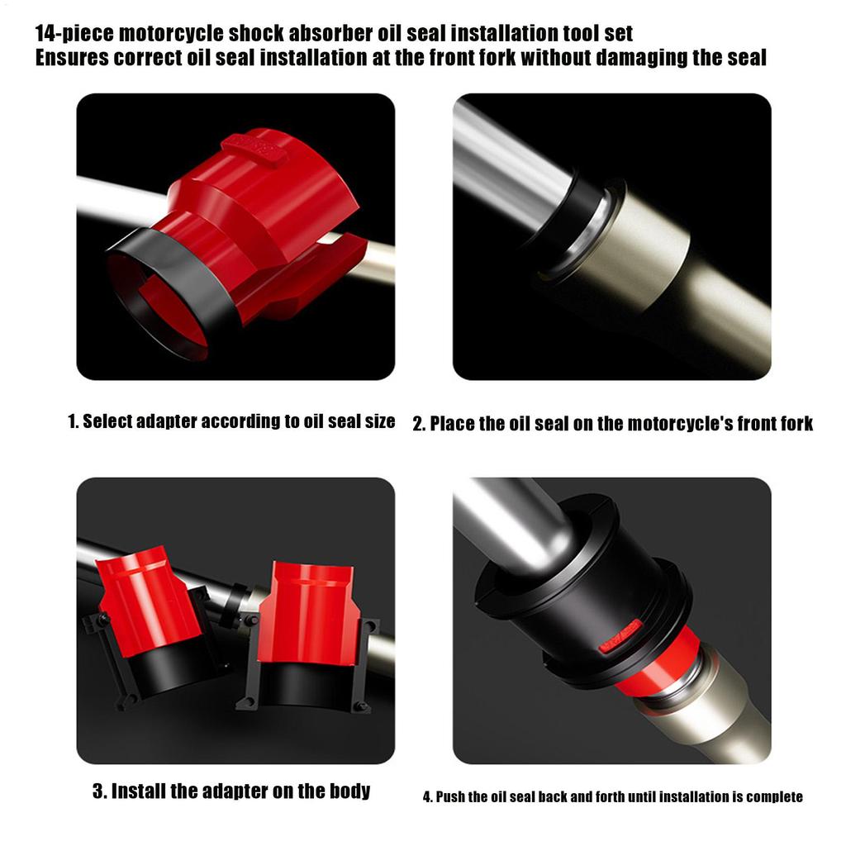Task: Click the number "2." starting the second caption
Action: coord(419,424)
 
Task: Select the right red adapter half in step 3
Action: coord(307,611)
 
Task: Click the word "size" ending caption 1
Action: coord(380,421)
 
